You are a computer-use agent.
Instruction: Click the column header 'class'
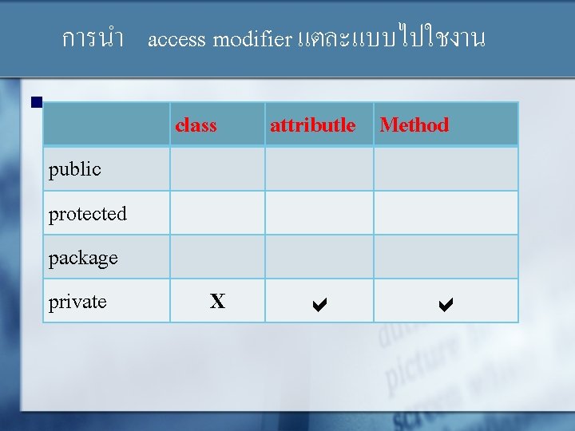point(196,125)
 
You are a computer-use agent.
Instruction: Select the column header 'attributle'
point(312,125)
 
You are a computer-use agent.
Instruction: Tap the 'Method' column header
point(414,125)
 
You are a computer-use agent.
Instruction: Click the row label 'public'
point(75,169)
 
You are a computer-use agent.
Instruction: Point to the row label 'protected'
point(88,214)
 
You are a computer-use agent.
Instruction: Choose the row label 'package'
point(83,258)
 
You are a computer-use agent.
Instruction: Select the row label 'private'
point(77,302)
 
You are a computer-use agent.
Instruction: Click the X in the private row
point(217,302)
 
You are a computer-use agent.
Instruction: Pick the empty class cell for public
point(217,168)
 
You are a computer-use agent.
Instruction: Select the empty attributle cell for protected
point(319,213)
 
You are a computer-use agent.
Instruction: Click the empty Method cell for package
point(446,257)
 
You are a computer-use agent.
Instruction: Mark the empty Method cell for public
point(446,168)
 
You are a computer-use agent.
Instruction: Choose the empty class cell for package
point(217,257)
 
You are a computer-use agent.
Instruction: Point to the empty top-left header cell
point(106,125)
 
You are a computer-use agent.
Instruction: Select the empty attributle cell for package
point(319,257)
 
